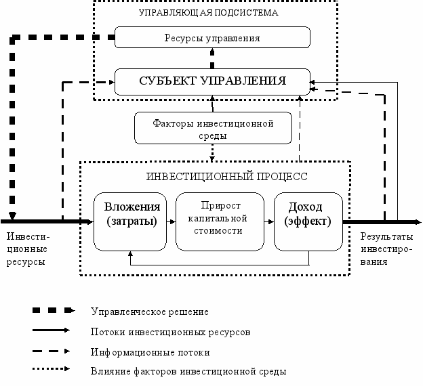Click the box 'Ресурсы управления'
tap(212, 37)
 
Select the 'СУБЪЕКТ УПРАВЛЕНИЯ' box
tap(212, 82)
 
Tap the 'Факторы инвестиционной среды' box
tap(213, 128)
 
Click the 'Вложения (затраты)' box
tap(130, 221)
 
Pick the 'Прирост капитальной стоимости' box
tap(220, 221)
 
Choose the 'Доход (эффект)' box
tap(308, 221)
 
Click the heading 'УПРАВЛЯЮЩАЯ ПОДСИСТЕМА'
tap(208, 13)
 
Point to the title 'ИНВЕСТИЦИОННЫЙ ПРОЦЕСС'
tap(226, 177)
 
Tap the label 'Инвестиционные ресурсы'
tap(28, 249)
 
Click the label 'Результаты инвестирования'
tap(386, 249)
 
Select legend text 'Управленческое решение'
tap(149, 312)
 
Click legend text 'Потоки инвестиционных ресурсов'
tap(170, 332)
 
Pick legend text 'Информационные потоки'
tap(150, 352)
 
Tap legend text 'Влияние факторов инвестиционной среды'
tap(188, 372)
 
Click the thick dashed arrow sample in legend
tap(54, 310)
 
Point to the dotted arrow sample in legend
tap(51, 369)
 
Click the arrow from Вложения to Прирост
tap(171, 222)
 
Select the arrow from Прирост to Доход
tap(269, 222)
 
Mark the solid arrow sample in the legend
tap(51, 330)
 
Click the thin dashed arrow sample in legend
tap(51, 351)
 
